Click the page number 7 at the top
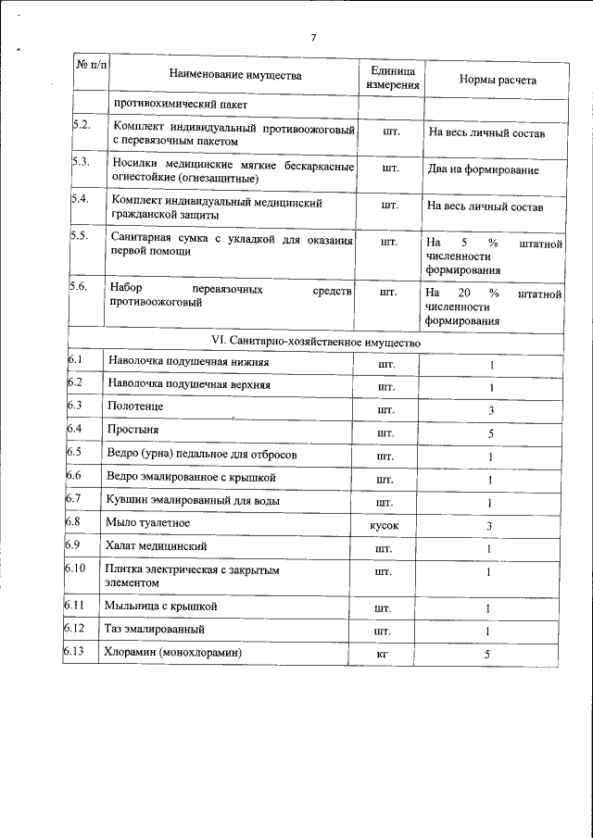point(313,37)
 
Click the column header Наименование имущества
point(235,75)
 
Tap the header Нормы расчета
point(498,79)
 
